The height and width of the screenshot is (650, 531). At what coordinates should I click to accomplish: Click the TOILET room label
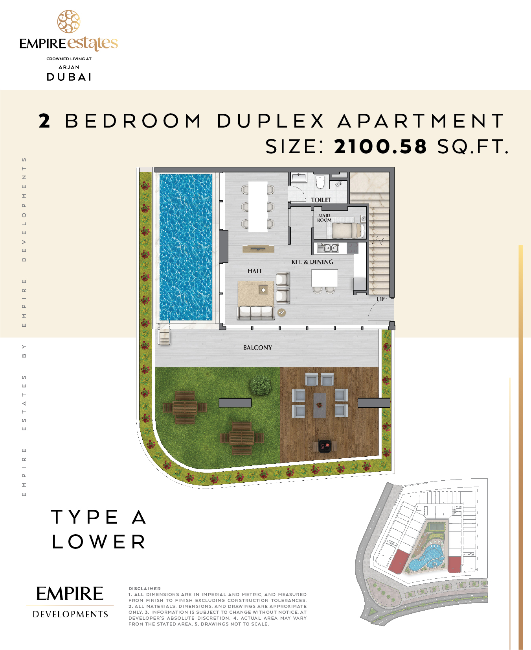[x=321, y=200]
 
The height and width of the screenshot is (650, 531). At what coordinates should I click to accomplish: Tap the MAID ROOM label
[x=324, y=218]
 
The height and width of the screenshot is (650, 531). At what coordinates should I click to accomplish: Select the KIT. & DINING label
[x=312, y=262]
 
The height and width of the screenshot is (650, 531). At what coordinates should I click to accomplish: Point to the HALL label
[x=255, y=271]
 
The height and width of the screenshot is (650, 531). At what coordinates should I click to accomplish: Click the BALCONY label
[x=257, y=347]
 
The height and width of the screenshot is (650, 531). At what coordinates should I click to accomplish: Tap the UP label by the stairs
[x=380, y=299]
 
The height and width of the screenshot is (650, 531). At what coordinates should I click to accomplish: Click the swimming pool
[x=186, y=247]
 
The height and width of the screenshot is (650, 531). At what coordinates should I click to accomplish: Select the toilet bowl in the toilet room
[x=320, y=182]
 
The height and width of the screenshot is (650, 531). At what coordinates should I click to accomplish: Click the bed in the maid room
[x=348, y=230]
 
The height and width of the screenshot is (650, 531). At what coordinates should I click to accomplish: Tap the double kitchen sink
[x=328, y=248]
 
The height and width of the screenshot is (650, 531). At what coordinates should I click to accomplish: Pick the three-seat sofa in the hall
[x=255, y=313]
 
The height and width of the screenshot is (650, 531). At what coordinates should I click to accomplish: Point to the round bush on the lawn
[x=261, y=385]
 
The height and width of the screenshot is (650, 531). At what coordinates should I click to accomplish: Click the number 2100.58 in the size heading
[x=380, y=146]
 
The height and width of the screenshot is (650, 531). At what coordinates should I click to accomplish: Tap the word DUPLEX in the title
[x=271, y=121]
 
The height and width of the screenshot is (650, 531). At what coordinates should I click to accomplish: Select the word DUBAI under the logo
[x=69, y=77]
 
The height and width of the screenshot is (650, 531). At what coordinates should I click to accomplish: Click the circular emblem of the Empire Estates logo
[x=69, y=22]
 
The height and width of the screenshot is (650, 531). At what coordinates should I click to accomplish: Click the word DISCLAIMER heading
[x=145, y=589]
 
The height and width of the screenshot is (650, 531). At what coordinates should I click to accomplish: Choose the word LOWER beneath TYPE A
[x=99, y=542]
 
